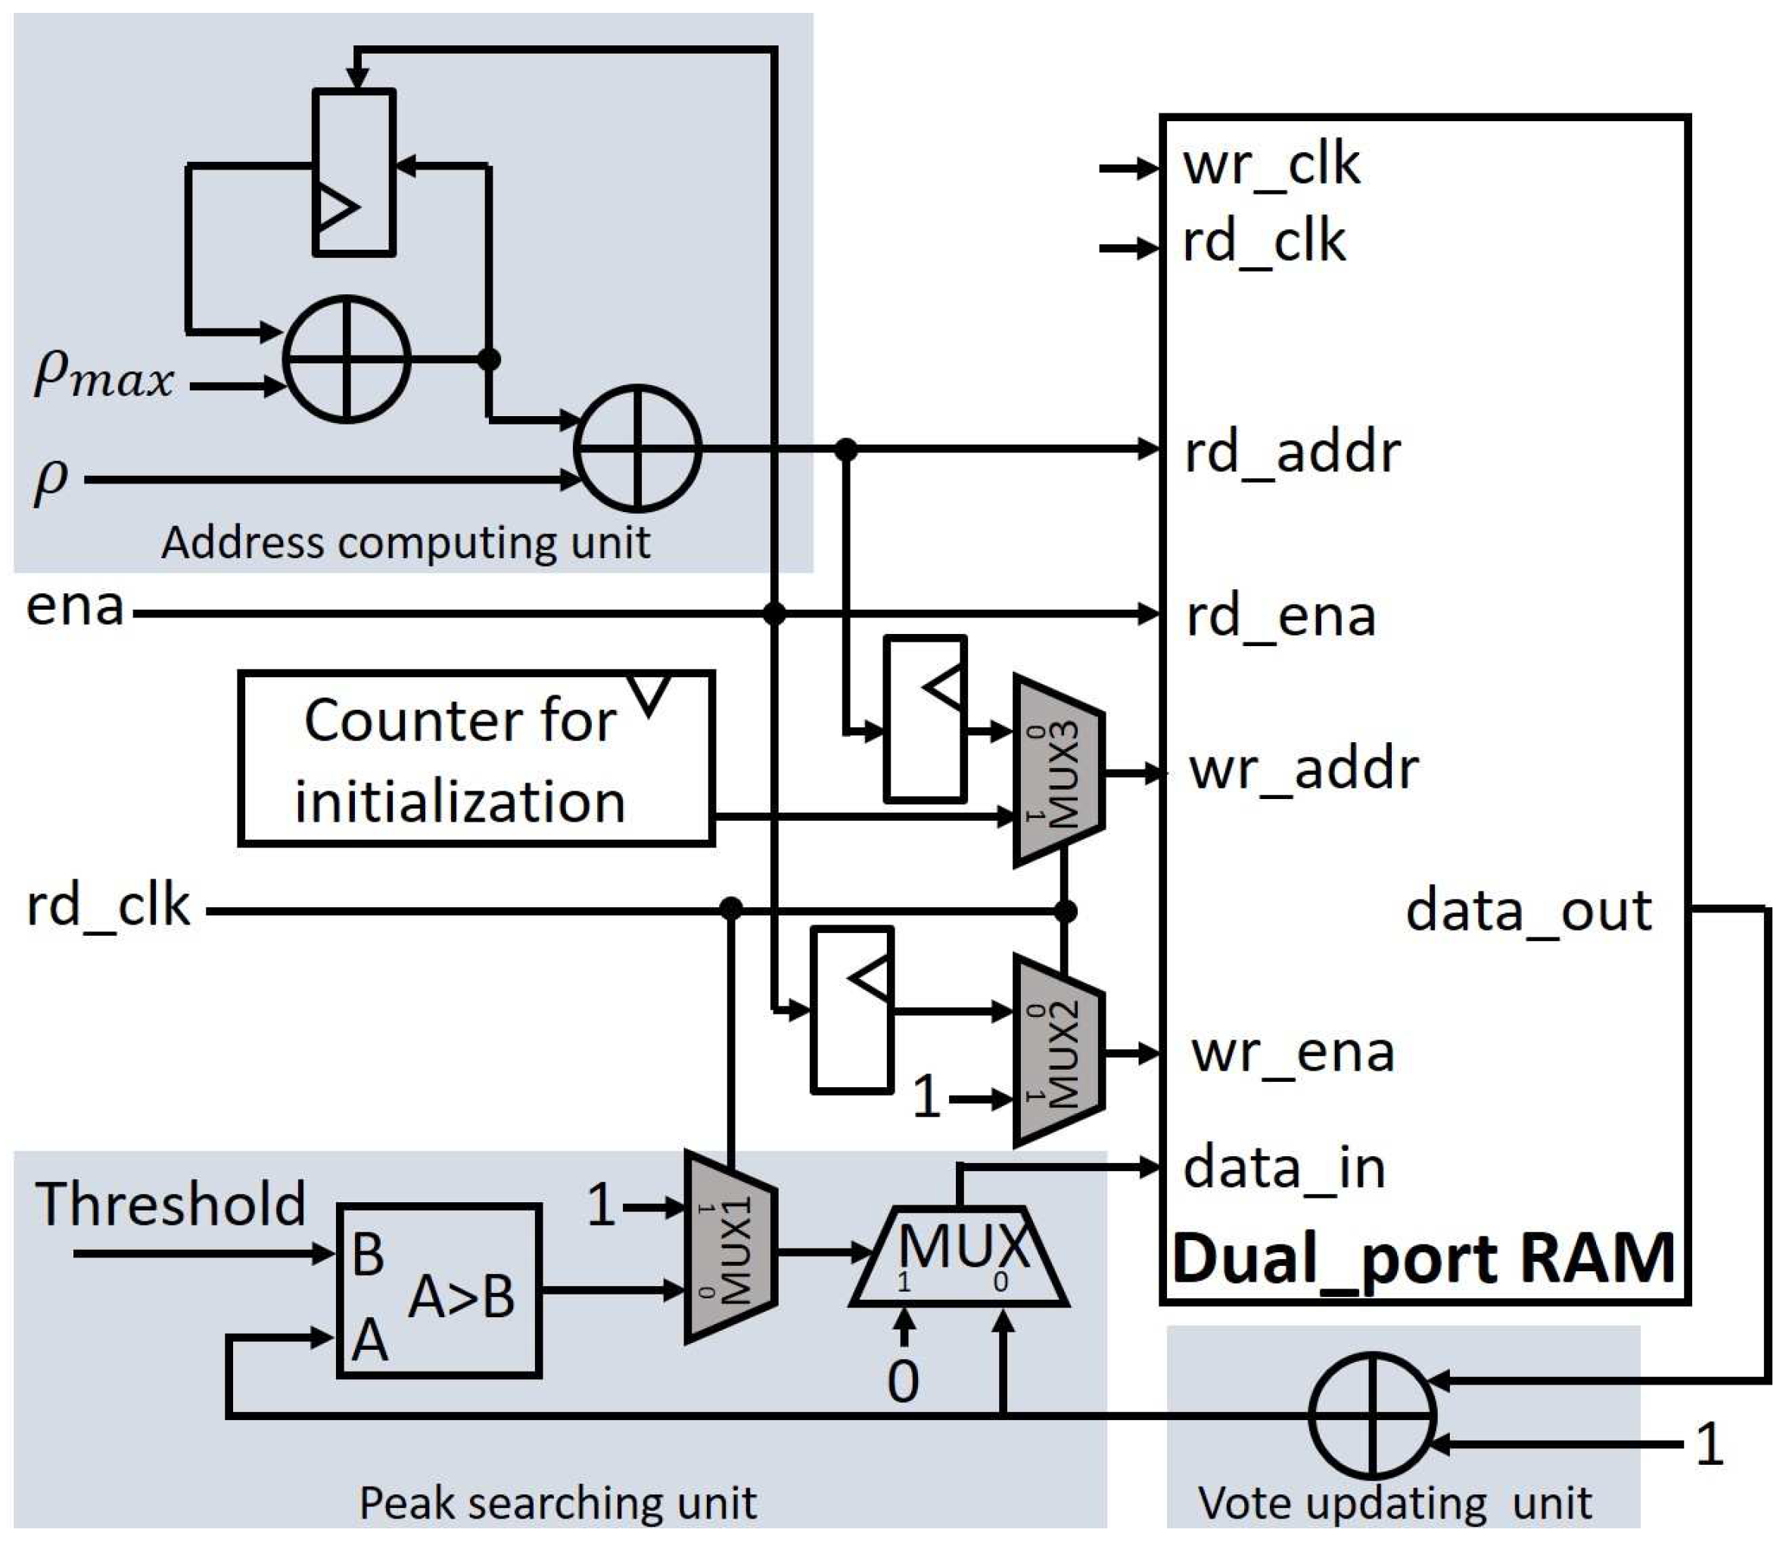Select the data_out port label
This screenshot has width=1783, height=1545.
(1528, 910)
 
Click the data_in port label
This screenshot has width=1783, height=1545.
(1284, 1168)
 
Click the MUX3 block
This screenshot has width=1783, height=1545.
(1059, 770)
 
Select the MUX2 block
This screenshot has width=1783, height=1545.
(1059, 1051)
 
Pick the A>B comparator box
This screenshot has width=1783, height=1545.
(439, 1291)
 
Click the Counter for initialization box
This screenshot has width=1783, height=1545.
(476, 759)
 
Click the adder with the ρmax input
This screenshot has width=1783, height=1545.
(347, 359)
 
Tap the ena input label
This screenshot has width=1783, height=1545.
(75, 607)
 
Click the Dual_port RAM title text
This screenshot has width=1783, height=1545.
(1424, 1259)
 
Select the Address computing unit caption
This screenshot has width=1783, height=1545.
(405, 543)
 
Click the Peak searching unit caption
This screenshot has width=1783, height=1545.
(557, 1503)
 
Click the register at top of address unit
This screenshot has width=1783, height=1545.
(353, 173)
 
